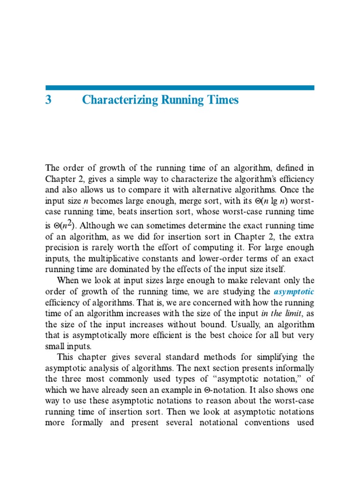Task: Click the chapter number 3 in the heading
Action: pos(48,100)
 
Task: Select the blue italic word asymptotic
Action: pos(294,291)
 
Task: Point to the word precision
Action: pos(61,247)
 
